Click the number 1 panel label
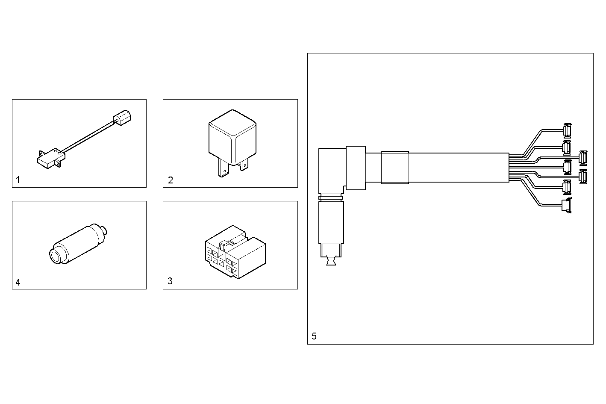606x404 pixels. tap(18, 180)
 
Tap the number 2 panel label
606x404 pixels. tap(171, 180)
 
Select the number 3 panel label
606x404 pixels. tap(170, 281)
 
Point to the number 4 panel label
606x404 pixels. tap(18, 282)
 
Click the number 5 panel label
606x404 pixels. tap(314, 336)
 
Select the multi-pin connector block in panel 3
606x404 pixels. tap(235, 252)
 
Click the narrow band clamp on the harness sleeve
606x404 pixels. tap(394, 167)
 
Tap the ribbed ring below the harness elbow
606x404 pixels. tap(331, 198)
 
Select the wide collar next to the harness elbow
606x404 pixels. tap(356, 168)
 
